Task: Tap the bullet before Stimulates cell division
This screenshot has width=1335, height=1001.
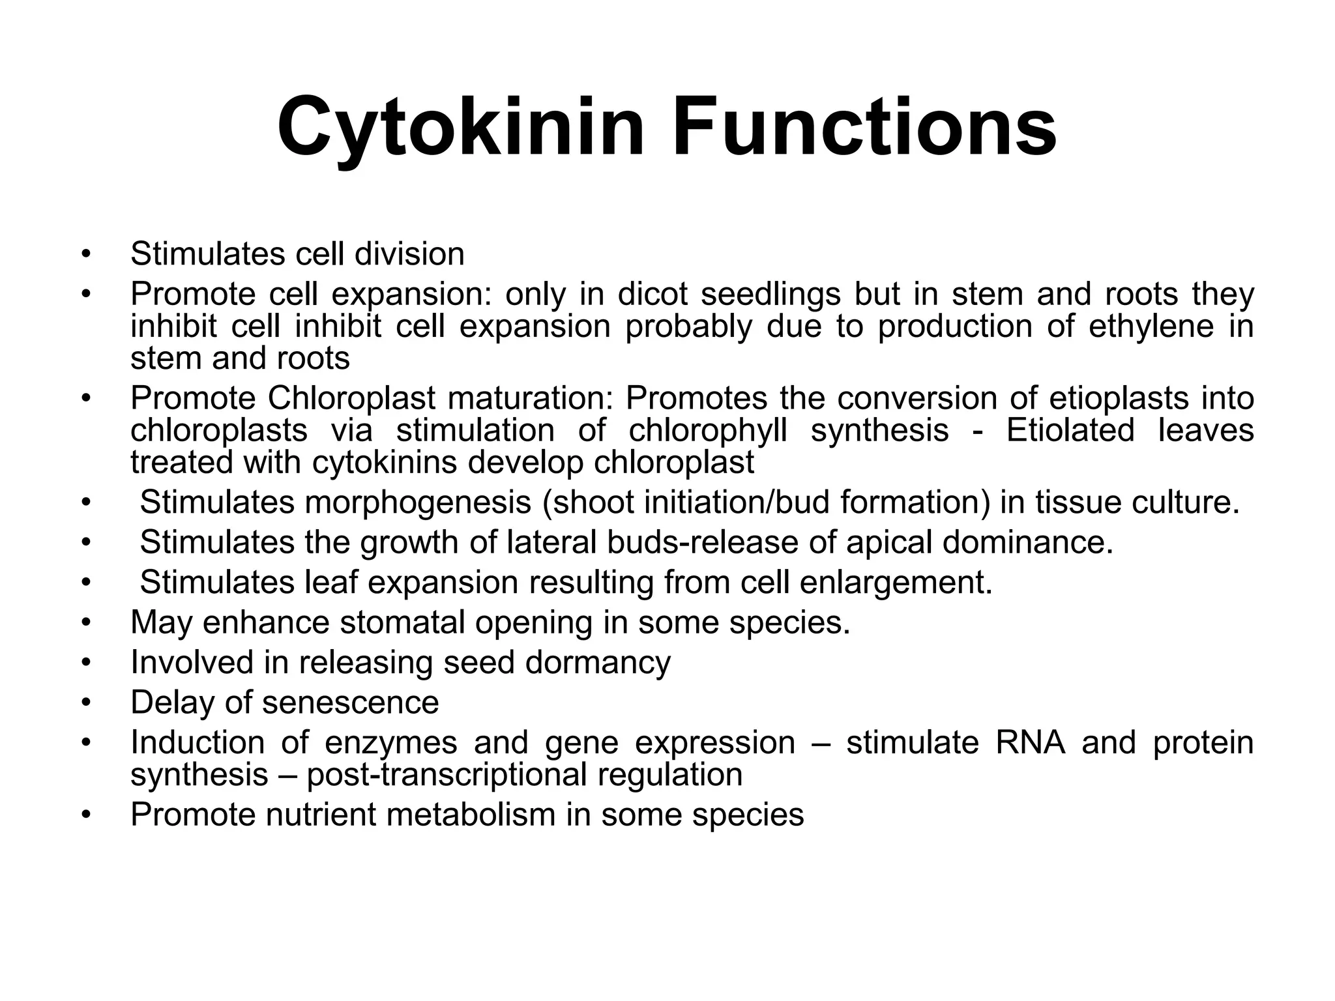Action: click(85, 254)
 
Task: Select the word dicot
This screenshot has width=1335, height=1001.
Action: click(653, 294)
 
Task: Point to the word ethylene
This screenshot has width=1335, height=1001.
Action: click(1151, 326)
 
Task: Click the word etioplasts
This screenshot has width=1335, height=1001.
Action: click(1115, 398)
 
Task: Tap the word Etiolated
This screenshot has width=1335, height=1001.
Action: click(1070, 431)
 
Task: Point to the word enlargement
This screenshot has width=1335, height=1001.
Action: click(896, 582)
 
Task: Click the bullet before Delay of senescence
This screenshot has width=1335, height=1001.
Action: click(85, 703)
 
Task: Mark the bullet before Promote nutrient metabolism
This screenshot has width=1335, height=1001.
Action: click(85, 815)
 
